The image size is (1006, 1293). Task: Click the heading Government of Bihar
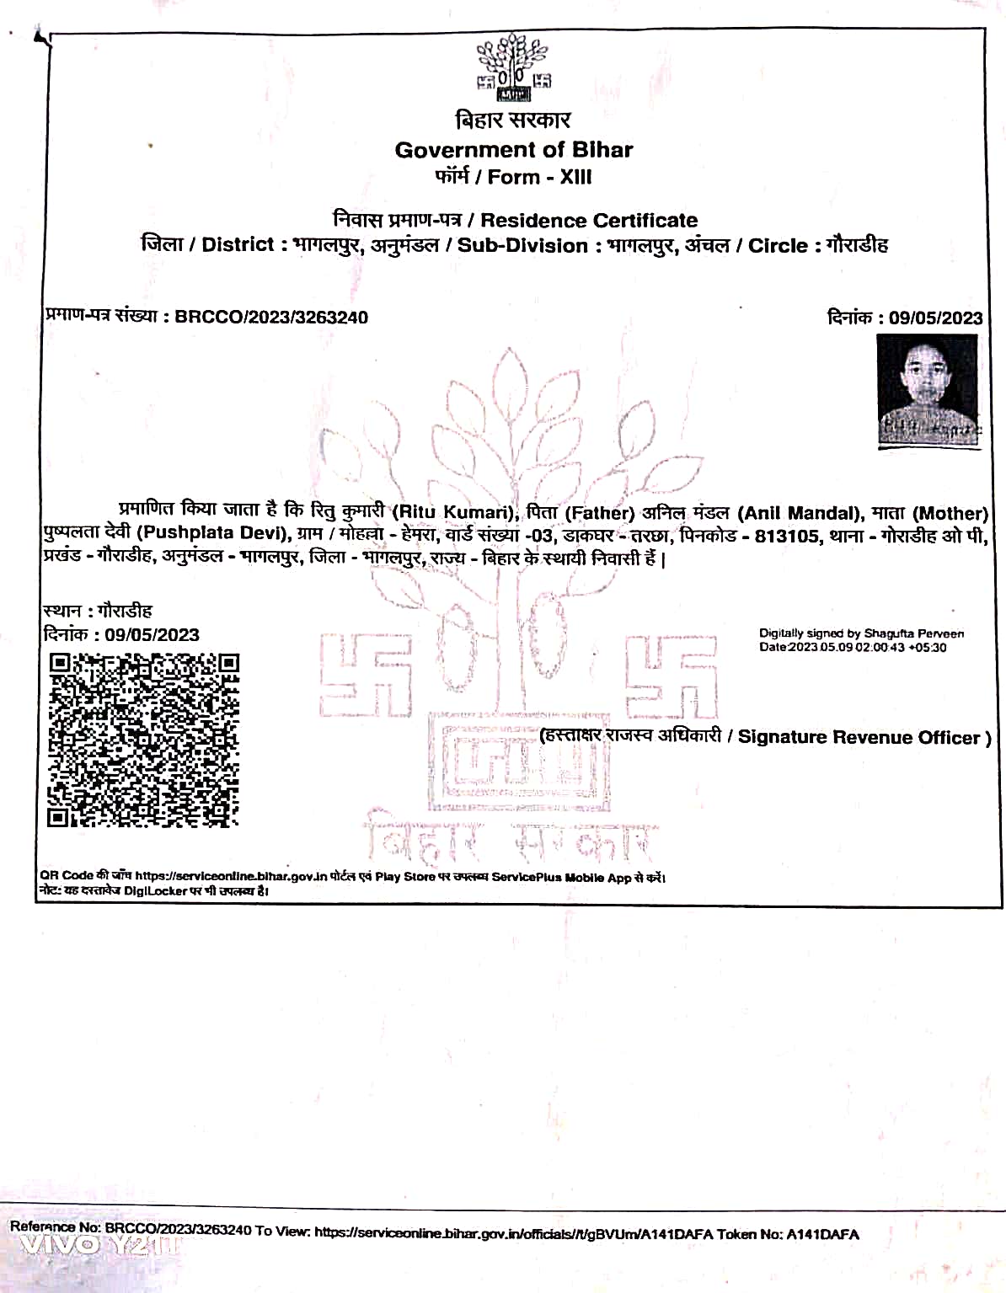click(x=513, y=150)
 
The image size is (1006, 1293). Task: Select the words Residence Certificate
click(x=589, y=221)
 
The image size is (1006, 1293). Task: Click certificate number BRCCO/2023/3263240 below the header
click(x=271, y=318)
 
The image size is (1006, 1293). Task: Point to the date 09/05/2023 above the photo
click(x=935, y=318)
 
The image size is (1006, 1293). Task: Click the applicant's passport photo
click(x=928, y=388)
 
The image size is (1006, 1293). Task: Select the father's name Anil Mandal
click(x=798, y=513)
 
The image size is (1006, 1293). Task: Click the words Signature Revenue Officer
click(x=859, y=737)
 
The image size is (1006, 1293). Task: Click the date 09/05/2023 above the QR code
click(x=152, y=634)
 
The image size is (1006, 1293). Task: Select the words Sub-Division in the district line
click(x=522, y=246)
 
